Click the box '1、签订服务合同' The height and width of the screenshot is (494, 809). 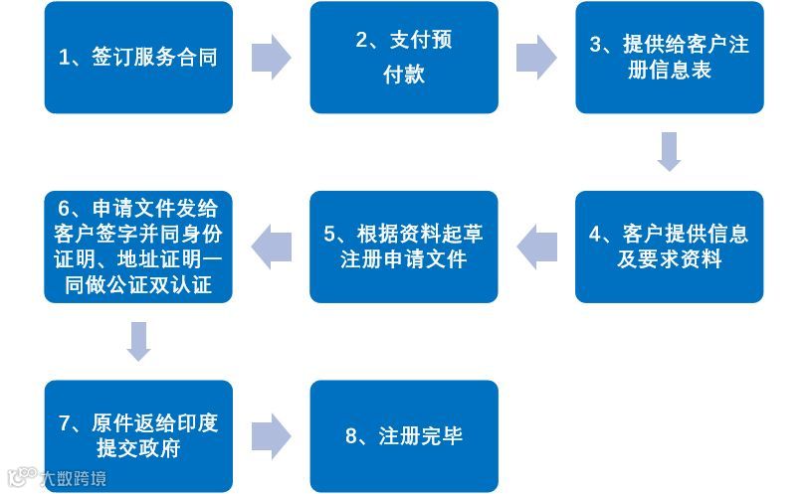pos(138,58)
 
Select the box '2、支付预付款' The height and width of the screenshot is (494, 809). pos(404,58)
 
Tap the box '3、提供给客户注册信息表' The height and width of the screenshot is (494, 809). pos(670,58)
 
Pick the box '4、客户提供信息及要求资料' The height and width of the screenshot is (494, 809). pos(670,247)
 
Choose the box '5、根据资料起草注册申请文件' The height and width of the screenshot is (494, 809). pos(404,247)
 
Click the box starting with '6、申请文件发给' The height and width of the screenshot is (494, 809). pos(138,247)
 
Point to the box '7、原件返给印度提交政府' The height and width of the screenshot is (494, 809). pos(138,435)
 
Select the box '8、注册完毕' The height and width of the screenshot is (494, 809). pos(404,435)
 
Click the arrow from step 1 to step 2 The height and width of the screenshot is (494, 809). pos(271,58)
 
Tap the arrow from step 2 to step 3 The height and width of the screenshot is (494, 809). pos(536,58)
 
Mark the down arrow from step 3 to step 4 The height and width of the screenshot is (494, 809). pos(670,151)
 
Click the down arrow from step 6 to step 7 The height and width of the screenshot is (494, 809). pos(138,341)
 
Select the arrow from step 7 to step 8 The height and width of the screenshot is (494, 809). pos(271,435)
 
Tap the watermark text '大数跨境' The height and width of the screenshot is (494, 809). pos(73,479)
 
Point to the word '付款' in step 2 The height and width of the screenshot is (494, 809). pos(404,75)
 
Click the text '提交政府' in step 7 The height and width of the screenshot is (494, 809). pos(138,448)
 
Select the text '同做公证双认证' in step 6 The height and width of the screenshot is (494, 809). pos(138,286)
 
